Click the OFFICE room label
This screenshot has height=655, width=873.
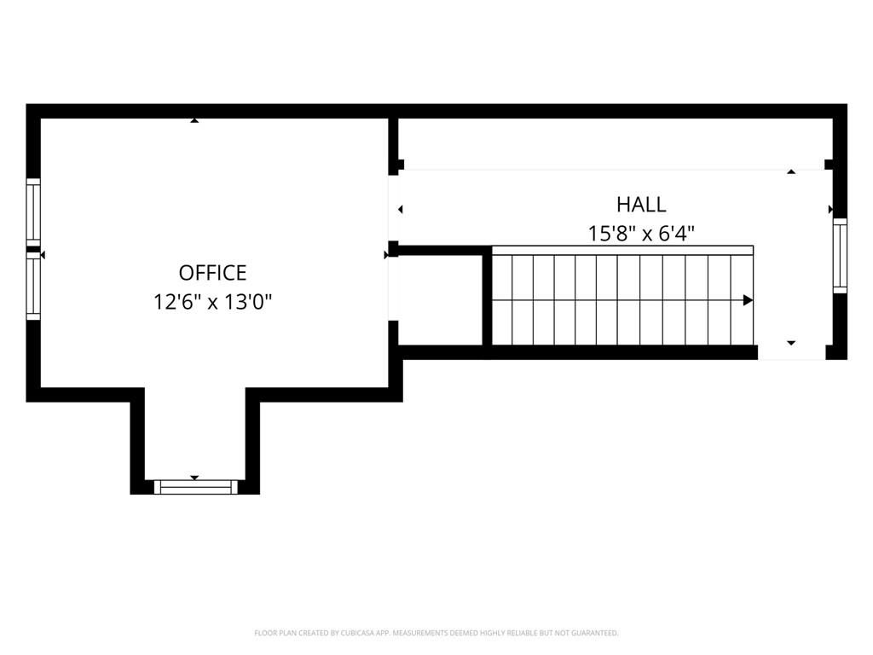[212, 273]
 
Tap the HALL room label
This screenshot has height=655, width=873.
[641, 205]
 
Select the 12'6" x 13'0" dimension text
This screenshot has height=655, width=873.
[212, 303]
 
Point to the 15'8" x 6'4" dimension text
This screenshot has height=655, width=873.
[641, 234]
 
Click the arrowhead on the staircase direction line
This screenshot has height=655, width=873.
[748, 300]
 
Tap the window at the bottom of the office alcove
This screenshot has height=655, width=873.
[195, 487]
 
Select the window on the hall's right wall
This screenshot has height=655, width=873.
[840, 256]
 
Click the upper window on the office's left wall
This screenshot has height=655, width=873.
[33, 212]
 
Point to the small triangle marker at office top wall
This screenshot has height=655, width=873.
[194, 120]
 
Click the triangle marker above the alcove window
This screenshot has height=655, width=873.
[194, 478]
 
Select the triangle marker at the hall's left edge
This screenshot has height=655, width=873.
[401, 210]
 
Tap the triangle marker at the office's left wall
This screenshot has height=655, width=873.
[43, 254]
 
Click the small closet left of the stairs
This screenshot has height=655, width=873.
[441, 300]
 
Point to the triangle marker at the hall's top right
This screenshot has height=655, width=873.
[791, 172]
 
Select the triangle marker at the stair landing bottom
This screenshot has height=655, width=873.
[791, 343]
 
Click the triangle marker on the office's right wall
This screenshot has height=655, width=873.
[386, 254]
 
